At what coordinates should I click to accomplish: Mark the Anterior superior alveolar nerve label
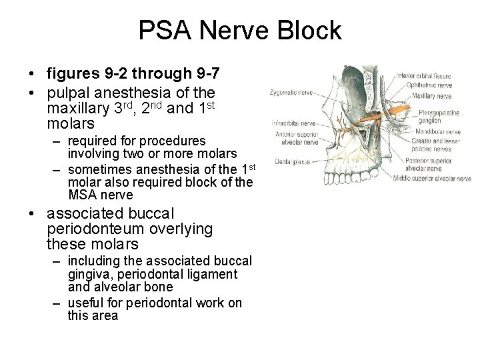(x=296, y=137)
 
